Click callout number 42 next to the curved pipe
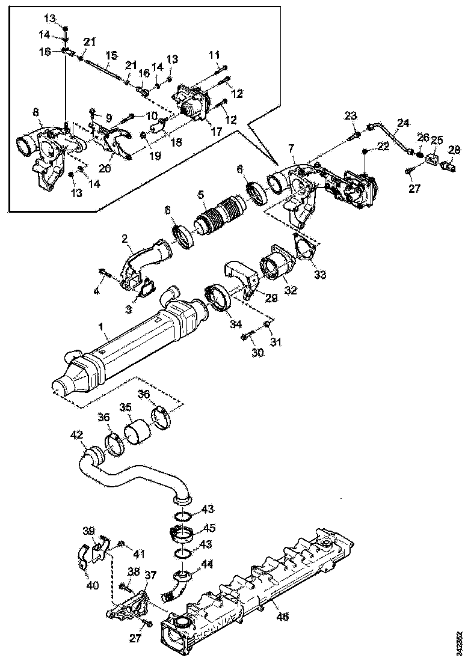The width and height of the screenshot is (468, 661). [x=77, y=434]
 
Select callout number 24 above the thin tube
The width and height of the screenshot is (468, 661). [x=402, y=123]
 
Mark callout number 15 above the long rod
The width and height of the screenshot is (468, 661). [x=109, y=55]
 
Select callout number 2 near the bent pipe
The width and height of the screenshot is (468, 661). [x=125, y=239]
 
